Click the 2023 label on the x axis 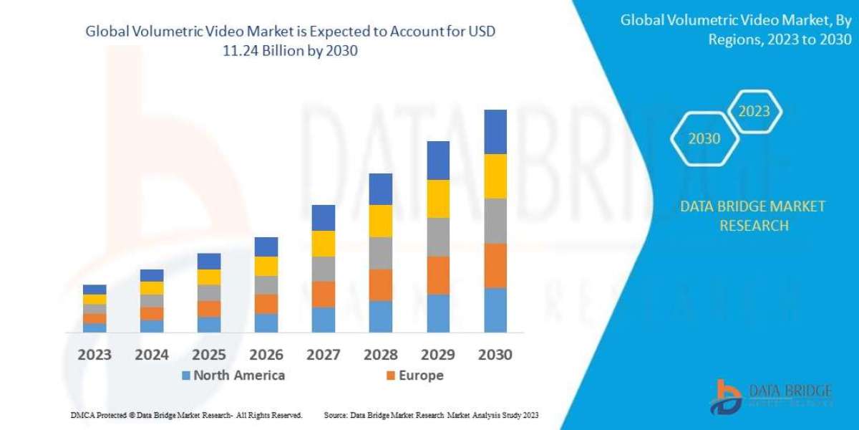tap(94, 354)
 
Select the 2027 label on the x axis tap(324, 354)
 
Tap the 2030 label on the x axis tap(495, 354)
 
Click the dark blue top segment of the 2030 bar tap(495, 132)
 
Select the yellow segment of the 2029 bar tap(438, 199)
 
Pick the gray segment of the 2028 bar tap(381, 253)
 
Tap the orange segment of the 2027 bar tap(324, 294)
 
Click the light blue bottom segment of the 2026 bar tap(266, 323)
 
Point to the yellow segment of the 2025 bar tap(209, 277)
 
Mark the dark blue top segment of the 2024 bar tap(152, 275)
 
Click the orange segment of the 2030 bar tap(495, 266)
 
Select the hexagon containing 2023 tap(754, 111)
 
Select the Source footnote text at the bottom tap(431, 415)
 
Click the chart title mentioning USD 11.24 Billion tap(290, 42)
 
